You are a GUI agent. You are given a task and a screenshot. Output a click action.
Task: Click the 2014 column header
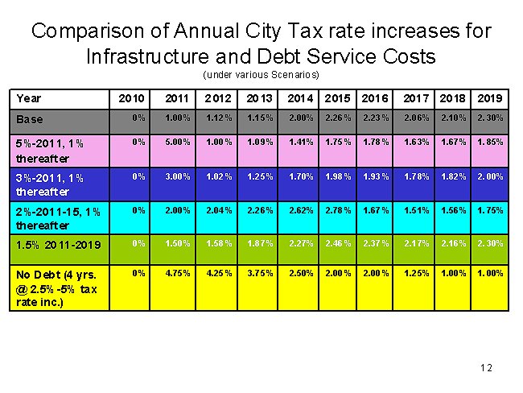300,98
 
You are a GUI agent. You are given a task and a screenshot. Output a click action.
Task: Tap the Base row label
30,118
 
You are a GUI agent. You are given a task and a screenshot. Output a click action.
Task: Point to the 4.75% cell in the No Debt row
177,273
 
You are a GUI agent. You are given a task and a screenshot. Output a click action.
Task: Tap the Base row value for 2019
490,118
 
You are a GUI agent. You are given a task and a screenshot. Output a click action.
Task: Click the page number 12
485,368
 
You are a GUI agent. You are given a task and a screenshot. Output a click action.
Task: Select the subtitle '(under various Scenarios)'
261,75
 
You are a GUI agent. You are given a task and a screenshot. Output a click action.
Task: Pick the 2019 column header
490,98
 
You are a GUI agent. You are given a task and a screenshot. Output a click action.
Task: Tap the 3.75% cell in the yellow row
261,273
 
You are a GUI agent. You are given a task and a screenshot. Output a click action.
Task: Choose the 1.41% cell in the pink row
300,143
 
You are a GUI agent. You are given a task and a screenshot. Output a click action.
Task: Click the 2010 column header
131,98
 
